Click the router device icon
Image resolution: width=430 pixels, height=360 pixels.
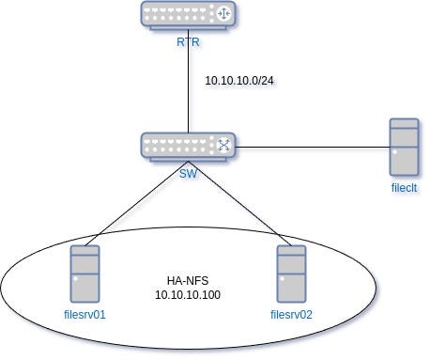pyautogui.click(x=189, y=15)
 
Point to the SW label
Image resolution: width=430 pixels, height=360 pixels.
pyautogui.click(x=189, y=174)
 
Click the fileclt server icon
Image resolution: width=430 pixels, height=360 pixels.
pyautogui.click(x=406, y=147)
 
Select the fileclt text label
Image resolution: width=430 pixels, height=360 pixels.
pyautogui.click(x=405, y=188)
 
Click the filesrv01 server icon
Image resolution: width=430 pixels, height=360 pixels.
pyautogui.click(x=84, y=273)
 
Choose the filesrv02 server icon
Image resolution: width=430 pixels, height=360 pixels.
pyautogui.click(x=291, y=273)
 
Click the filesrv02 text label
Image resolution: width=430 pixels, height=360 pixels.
pyautogui.click(x=290, y=314)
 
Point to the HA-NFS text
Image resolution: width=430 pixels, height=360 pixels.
pyautogui.click(x=184, y=279)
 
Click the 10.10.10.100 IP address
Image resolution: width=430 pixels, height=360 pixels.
pyautogui.click(x=187, y=294)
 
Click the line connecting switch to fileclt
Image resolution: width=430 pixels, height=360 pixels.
pyautogui.click(x=310, y=147)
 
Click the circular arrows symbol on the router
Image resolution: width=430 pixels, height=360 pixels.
pyautogui.click(x=223, y=15)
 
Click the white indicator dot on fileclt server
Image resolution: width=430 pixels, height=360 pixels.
pyautogui.click(x=397, y=151)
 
